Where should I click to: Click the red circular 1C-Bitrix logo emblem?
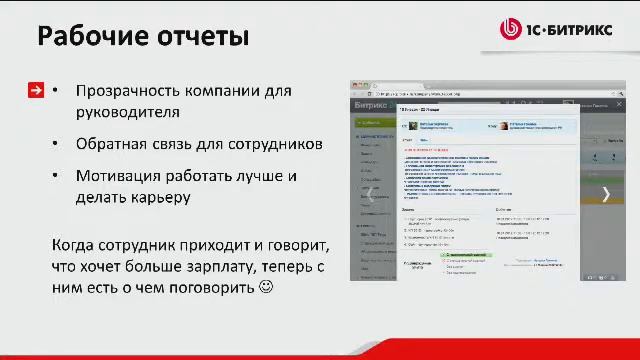click(510, 29)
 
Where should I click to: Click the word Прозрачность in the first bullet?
click(132, 91)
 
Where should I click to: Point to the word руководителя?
click(127, 113)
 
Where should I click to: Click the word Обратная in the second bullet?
click(112, 144)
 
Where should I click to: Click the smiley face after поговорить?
click(265, 288)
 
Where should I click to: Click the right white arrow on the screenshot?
click(606, 194)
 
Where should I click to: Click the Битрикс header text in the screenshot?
click(372, 105)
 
